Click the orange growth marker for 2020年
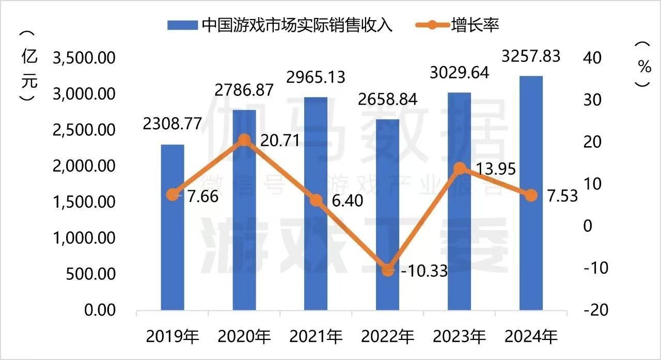coord(244,139)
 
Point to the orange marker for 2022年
coord(387,270)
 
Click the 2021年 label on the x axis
coord(316,337)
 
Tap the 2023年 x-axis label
coord(460,337)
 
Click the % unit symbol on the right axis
coord(643,66)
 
